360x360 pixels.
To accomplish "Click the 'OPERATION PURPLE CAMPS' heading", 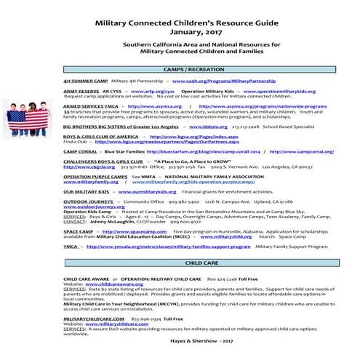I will [91, 176].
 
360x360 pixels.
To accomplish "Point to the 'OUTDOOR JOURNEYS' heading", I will [84, 201].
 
